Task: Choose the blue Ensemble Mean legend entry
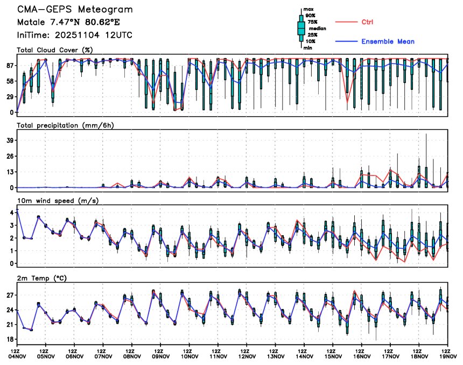(388, 41)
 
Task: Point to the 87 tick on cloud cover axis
(9, 66)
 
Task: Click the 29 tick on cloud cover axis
(9, 97)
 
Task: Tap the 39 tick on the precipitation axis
(9, 141)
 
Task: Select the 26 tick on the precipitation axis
(9, 156)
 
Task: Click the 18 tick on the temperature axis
(9, 340)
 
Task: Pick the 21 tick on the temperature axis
(9, 325)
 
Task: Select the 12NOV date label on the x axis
(247, 356)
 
